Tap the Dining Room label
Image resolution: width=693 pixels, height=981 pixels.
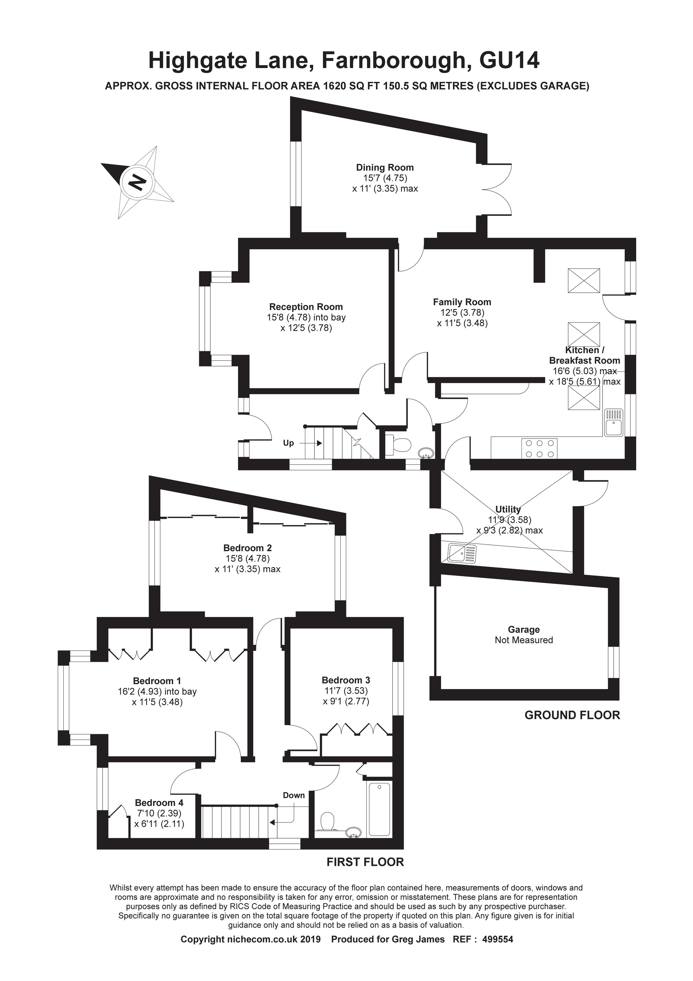point(385,167)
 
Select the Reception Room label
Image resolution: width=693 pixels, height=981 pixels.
point(306,307)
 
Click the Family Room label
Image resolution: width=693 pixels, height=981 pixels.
point(462,302)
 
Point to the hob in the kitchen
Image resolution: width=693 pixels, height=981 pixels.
point(539,449)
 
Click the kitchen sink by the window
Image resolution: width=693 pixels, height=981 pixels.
point(614,423)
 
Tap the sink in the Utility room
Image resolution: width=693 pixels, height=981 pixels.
point(462,553)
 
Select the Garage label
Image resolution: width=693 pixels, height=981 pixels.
point(524,629)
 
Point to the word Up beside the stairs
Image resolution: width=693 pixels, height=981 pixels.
point(288,443)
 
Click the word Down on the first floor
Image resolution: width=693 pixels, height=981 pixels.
point(294,795)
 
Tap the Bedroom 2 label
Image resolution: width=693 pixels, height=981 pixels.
point(248,548)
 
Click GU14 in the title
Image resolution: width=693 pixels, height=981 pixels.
point(509,60)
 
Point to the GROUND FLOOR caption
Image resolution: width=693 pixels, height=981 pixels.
point(572,715)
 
